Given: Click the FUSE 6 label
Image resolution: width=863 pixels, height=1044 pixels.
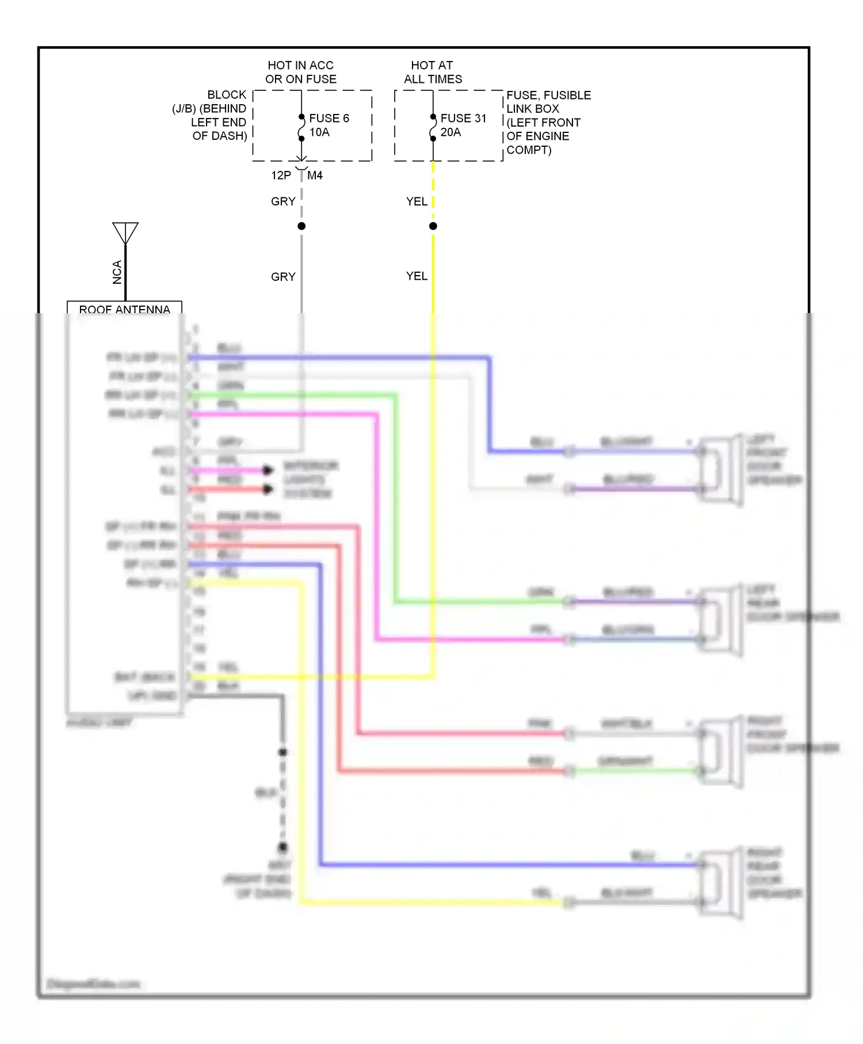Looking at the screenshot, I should [329, 118].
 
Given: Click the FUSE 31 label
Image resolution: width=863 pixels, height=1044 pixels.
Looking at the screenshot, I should [463, 118].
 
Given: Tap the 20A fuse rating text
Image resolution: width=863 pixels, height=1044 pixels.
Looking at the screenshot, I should [450, 132].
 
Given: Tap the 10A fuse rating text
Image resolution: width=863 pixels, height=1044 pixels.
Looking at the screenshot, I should [319, 132].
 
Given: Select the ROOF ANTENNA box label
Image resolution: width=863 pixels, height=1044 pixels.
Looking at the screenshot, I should [124, 309].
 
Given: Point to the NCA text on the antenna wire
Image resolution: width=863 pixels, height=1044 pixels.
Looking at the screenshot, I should [117, 272].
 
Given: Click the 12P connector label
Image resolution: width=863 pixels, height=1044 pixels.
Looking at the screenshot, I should [281, 176].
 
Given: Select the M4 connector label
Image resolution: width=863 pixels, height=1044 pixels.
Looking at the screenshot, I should [315, 176].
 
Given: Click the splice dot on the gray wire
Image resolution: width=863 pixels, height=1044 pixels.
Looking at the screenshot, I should [301, 226].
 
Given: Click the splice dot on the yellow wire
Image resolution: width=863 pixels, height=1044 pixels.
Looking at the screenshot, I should [433, 226].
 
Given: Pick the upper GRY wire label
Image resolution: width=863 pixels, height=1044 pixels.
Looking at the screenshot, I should [283, 201].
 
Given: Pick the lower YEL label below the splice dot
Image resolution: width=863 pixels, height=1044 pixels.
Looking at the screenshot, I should [417, 276].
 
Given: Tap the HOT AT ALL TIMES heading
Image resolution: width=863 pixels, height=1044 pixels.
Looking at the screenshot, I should [433, 73].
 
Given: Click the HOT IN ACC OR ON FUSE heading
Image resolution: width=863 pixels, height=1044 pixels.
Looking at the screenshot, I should [301, 73].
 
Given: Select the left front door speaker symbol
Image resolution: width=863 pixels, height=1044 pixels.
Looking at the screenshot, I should [719, 469].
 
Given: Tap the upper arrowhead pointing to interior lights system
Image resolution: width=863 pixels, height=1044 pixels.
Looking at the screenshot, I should [268, 470].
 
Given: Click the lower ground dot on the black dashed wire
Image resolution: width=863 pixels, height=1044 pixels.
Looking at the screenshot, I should [282, 847].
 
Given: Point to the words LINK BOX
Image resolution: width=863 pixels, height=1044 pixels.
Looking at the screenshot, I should [533, 109].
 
